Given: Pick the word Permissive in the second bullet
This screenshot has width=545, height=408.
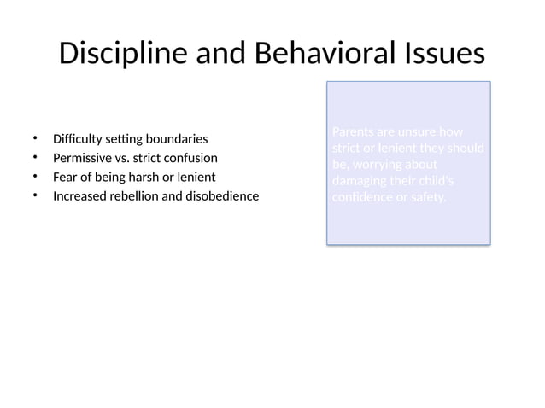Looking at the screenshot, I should [82, 158].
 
